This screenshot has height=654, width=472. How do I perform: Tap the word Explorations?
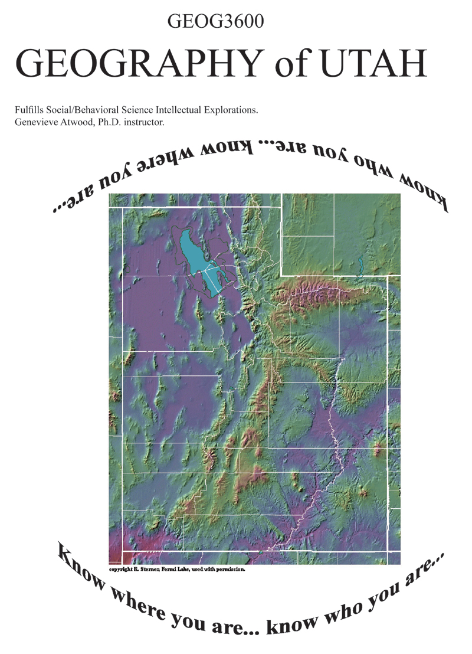pyautogui.click(x=231, y=111)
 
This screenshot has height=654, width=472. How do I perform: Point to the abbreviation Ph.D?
pyautogui.click(x=107, y=123)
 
